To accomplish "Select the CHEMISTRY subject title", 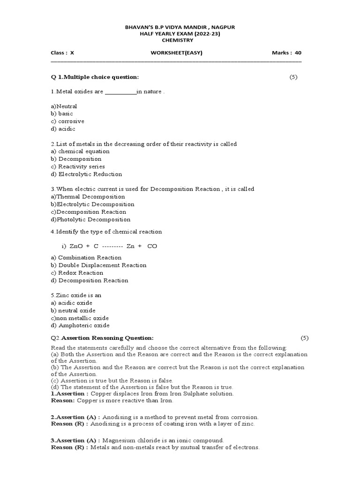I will click(x=180, y=41).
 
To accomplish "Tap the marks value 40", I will click(x=298, y=53).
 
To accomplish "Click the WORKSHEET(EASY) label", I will click(x=176, y=53).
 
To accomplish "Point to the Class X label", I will click(x=62, y=53).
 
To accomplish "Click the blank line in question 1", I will click(x=120, y=92).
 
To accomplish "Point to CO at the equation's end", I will click(x=152, y=246).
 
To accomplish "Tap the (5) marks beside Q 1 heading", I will click(x=293, y=77).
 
